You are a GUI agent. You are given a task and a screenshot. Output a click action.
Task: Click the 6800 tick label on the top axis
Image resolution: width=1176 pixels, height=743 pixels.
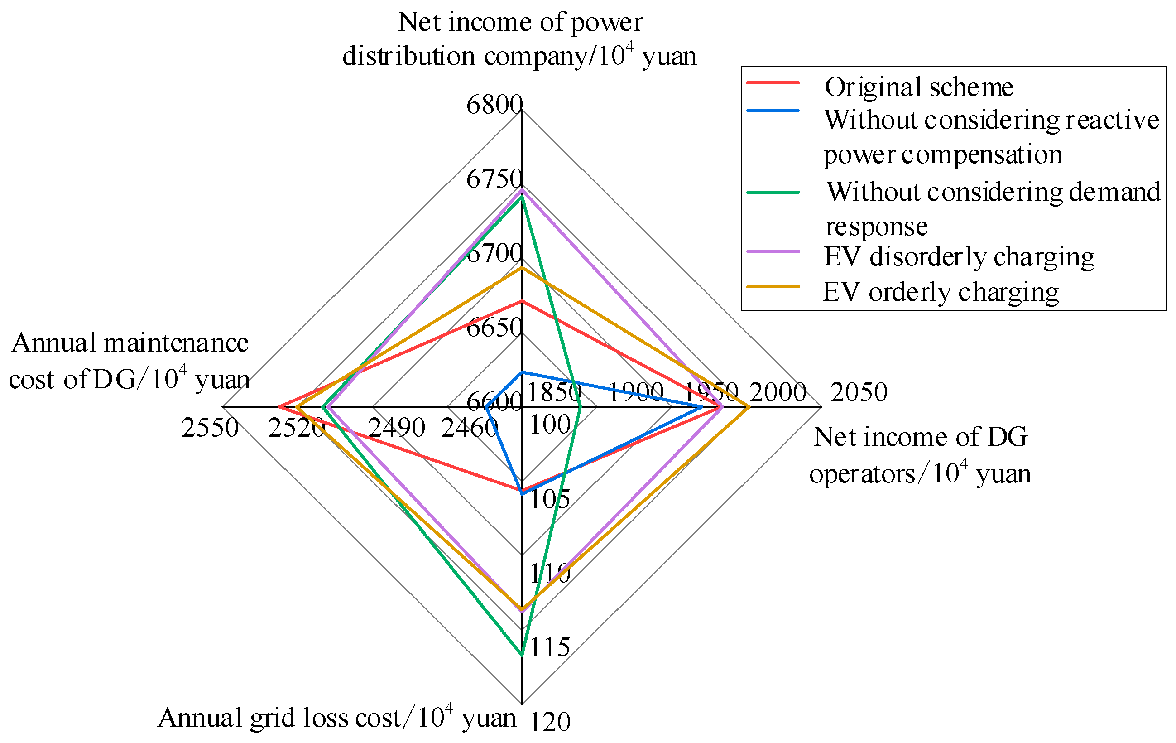pyautogui.click(x=494, y=105)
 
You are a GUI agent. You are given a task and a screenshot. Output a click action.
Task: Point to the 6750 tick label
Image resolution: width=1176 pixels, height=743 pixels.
pyautogui.click(x=494, y=179)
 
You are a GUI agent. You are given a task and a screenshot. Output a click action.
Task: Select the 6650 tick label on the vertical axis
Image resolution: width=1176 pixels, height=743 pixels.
pyautogui.click(x=494, y=328)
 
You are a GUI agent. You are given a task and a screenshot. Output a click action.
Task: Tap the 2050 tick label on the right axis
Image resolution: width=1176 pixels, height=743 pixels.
pyautogui.click(x=859, y=392)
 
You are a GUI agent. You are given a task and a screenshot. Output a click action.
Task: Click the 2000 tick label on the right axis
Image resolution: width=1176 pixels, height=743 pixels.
pyautogui.click(x=778, y=392)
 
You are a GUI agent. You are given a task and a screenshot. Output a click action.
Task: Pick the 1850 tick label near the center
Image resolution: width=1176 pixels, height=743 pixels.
pyautogui.click(x=554, y=392)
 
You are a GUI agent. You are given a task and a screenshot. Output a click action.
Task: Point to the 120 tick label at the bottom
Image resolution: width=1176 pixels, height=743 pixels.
pyautogui.click(x=550, y=722)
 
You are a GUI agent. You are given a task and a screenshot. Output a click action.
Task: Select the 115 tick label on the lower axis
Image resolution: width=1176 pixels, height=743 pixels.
pyautogui.click(x=550, y=648)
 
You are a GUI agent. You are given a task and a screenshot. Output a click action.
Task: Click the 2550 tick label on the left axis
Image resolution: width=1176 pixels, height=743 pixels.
pyautogui.click(x=210, y=429)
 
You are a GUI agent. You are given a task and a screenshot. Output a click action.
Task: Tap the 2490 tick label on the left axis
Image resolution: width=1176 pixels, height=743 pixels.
pyautogui.click(x=397, y=429)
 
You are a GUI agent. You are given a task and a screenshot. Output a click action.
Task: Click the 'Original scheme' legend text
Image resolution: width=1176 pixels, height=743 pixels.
pyautogui.click(x=919, y=87)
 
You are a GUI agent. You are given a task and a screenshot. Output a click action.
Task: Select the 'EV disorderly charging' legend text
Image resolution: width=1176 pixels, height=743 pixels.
pyautogui.click(x=959, y=257)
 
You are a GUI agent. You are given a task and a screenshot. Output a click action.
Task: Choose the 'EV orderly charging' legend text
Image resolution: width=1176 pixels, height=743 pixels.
pyautogui.click(x=941, y=292)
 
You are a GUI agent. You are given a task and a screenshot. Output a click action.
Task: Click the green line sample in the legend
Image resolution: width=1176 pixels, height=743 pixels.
pyautogui.click(x=773, y=193)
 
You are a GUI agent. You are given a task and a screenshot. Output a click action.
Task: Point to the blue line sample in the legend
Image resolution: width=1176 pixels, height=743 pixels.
pyautogui.click(x=773, y=111)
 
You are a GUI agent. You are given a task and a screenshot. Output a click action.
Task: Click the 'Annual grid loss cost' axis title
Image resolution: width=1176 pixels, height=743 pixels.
pyautogui.click(x=337, y=718)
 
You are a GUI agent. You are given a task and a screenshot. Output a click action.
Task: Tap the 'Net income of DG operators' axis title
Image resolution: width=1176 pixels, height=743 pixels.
pyautogui.click(x=920, y=455)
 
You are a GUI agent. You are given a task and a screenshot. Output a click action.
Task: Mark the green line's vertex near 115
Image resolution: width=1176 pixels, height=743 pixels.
pyautogui.click(x=522, y=655)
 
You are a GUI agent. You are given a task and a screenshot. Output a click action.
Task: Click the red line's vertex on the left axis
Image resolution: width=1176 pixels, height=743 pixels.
pyautogui.click(x=279, y=406)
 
